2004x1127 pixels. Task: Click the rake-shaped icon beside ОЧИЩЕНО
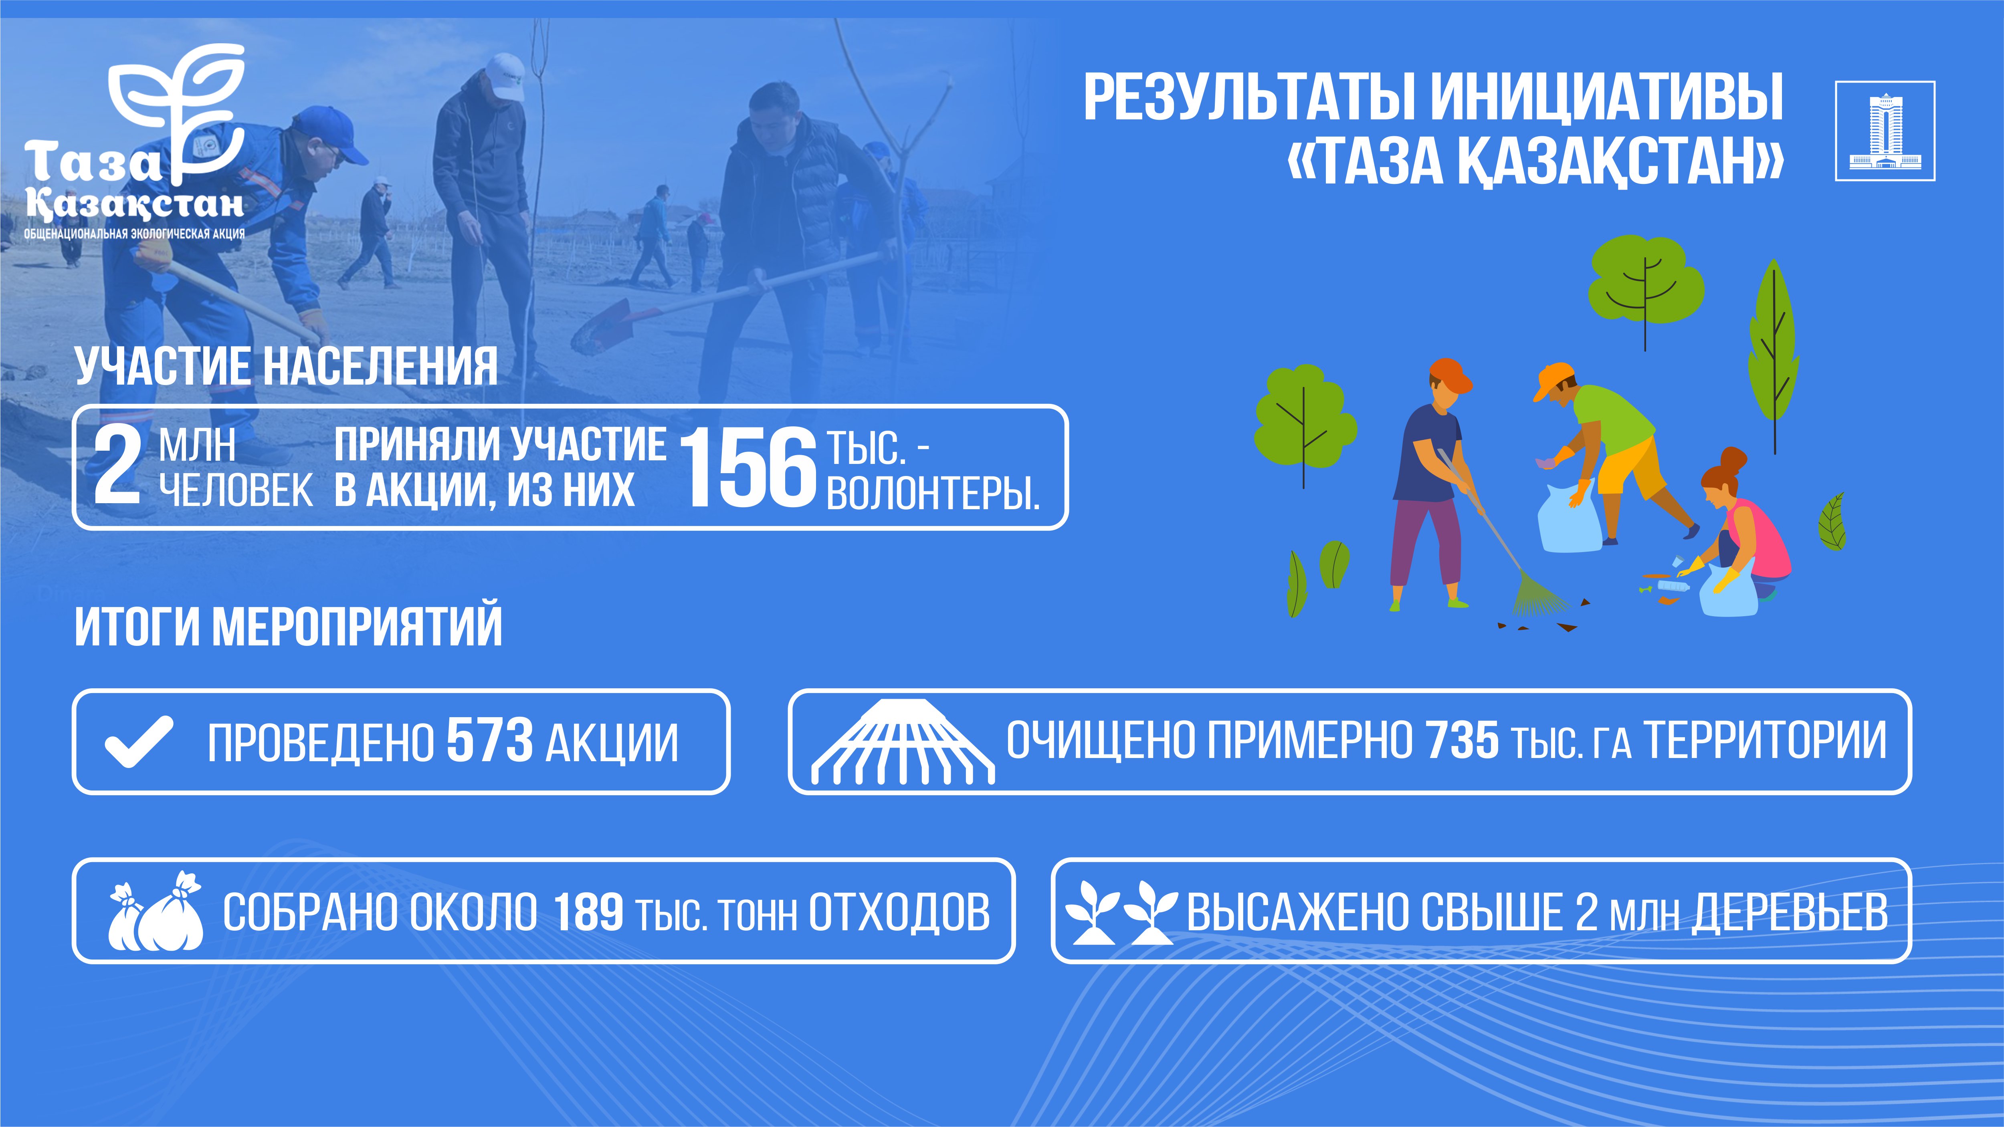pos(903,741)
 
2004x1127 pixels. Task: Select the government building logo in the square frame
pos(1885,131)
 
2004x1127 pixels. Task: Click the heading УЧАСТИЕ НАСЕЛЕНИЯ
pos(286,365)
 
